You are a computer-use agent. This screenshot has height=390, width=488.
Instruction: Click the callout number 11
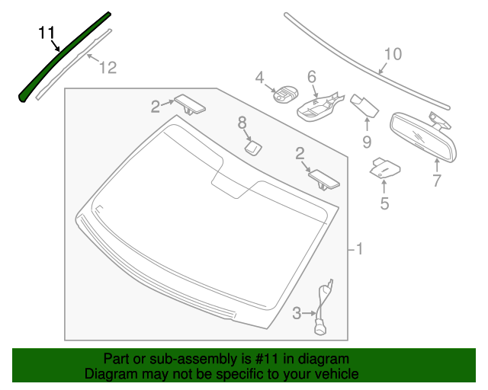47,33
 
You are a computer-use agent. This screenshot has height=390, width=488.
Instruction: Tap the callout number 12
108,68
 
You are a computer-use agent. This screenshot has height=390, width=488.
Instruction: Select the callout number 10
392,54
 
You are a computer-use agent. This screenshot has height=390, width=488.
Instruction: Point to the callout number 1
359,248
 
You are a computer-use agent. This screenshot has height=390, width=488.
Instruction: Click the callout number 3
297,312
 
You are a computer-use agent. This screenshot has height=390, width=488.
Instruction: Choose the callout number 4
259,77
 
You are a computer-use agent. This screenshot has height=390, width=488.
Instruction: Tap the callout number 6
312,76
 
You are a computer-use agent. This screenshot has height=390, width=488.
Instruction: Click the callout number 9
367,141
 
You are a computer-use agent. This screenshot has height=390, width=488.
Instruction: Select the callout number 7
437,181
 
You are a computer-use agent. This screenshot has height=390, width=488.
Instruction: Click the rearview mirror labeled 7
423,137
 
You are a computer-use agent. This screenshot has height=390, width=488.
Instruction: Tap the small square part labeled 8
252,146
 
